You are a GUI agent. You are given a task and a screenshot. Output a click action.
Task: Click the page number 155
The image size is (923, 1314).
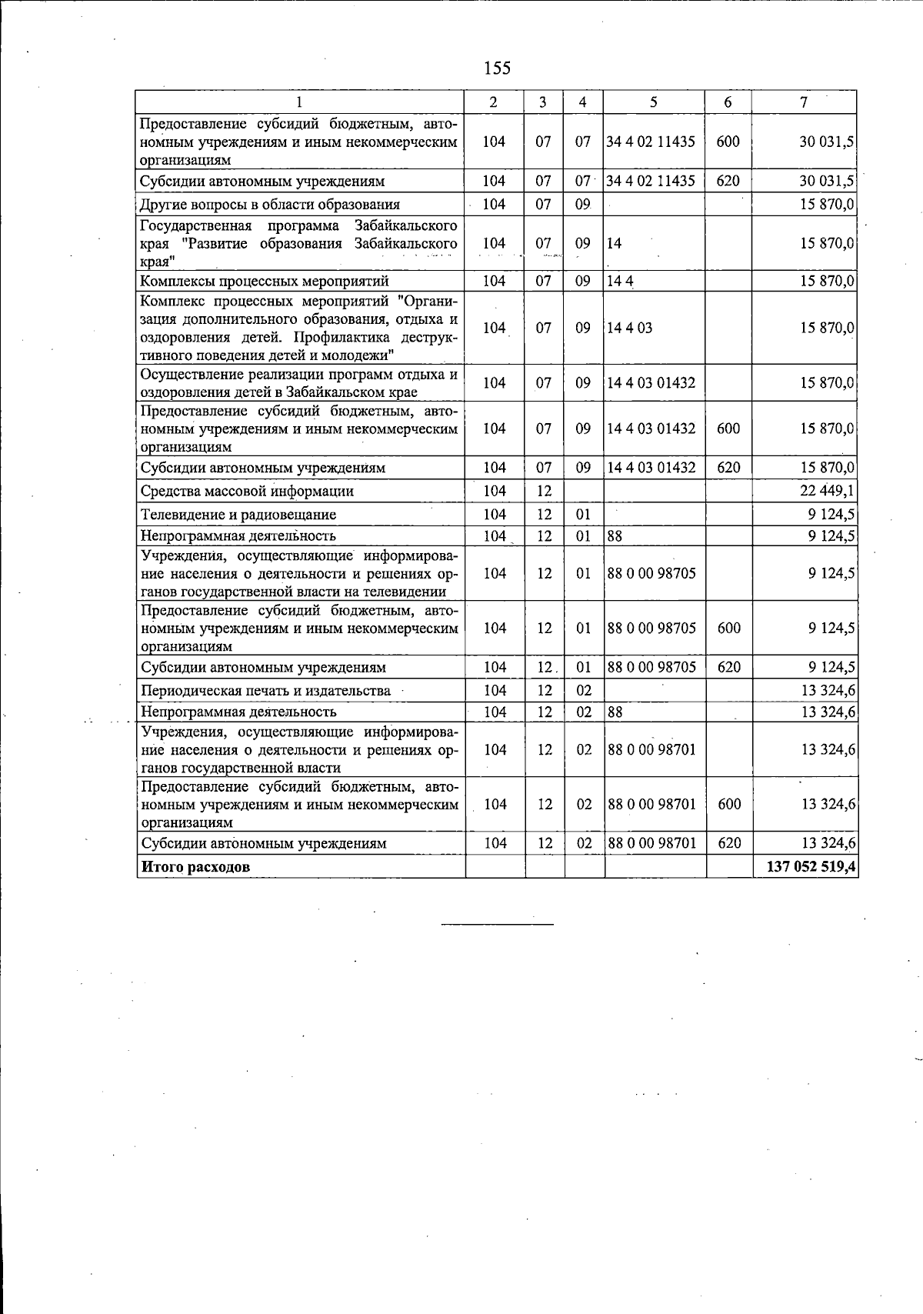tap(497, 68)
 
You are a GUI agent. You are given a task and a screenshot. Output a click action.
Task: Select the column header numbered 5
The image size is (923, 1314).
tap(653, 102)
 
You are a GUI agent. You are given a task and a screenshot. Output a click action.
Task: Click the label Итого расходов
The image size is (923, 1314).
tap(195, 866)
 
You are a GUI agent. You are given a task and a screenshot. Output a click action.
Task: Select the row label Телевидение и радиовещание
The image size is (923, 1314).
tap(238, 514)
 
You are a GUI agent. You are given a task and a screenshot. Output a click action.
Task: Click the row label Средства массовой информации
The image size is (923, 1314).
tap(247, 491)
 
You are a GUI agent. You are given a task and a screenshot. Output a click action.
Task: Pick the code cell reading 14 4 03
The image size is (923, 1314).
tap(629, 328)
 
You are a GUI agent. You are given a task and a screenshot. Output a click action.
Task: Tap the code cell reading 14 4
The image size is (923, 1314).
tap(620, 280)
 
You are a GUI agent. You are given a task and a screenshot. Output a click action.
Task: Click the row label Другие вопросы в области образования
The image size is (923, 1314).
tap(270, 204)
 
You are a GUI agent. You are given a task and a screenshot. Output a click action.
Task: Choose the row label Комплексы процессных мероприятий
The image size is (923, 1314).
tap(264, 280)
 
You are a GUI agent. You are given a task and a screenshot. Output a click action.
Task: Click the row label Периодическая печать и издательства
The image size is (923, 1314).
tap(265, 690)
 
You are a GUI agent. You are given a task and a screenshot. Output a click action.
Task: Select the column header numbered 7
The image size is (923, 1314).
tap(804, 102)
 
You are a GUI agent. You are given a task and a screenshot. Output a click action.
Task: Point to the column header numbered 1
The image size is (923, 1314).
tap(299, 102)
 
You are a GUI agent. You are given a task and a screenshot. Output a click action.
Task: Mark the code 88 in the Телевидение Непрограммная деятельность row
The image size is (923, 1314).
tap(615, 535)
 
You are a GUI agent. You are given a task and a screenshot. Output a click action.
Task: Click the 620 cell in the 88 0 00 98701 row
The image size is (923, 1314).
tap(728, 843)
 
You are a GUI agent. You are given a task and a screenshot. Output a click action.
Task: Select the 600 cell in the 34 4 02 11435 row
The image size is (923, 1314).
tap(728, 142)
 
